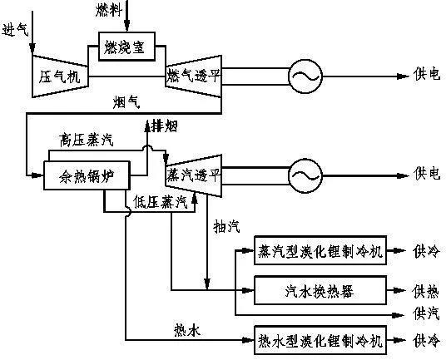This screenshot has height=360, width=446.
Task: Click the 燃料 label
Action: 109,10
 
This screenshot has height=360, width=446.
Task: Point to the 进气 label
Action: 15,30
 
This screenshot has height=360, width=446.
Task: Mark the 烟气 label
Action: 126,102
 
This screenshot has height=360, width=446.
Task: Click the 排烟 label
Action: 165,126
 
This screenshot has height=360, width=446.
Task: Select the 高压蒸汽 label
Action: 87,140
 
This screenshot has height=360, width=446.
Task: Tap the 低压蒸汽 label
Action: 161,202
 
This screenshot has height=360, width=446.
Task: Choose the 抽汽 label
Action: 226,226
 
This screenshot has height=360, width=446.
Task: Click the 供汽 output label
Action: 426,313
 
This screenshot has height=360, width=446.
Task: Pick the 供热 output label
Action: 426,292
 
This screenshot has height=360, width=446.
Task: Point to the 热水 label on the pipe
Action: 187,330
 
